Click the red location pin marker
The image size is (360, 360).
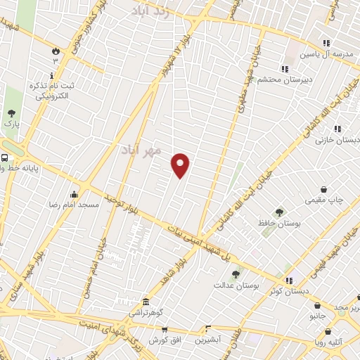tap(181, 165)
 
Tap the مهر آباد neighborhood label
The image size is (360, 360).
tap(141, 150)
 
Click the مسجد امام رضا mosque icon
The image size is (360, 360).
tap(75, 194)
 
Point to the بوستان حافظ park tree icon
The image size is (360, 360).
tap(279, 212)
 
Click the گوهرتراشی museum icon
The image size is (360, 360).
tap(146, 300)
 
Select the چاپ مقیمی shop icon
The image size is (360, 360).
tap(323, 189)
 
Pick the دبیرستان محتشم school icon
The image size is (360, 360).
tap(285, 69)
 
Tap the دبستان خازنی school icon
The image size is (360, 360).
tap(338, 129)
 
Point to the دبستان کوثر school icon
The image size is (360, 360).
tap(289, 280)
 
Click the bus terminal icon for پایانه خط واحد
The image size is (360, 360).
tap(5, 158)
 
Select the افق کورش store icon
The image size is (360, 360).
tap(165, 329)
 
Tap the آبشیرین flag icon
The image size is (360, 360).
tap(207, 328)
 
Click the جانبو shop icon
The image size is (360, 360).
tap(319, 306)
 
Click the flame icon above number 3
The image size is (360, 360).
tap(56, 50)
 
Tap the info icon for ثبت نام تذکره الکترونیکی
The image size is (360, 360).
tap(51, 75)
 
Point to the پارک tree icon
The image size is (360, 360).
tap(11, 112)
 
